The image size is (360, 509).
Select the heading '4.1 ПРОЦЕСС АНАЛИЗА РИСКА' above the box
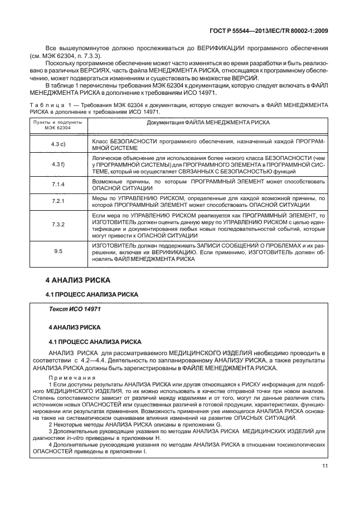pyautogui.click(x=85, y=294)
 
